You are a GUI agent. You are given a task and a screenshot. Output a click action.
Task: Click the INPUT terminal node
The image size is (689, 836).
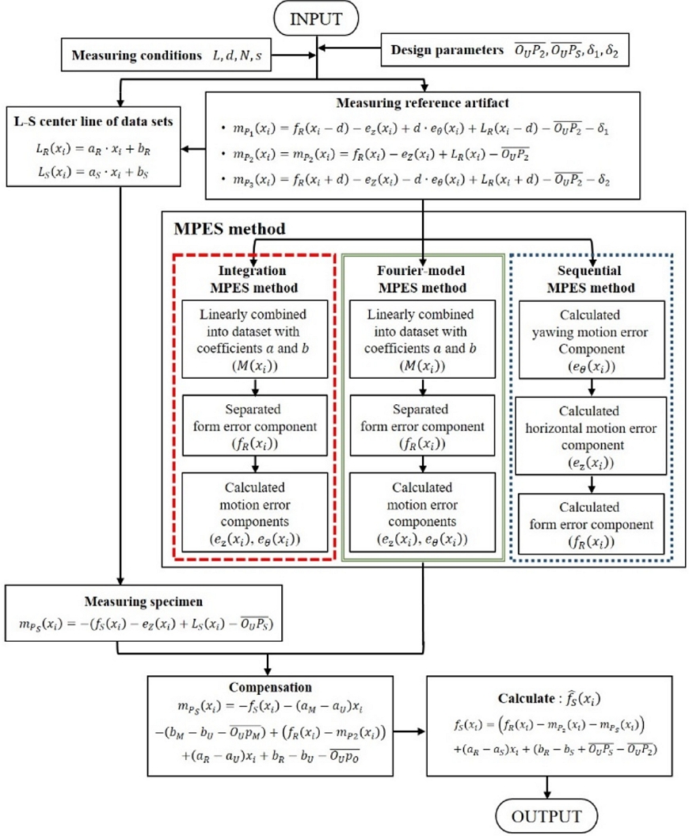(317, 17)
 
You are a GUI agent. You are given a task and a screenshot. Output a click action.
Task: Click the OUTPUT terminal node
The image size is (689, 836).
(546, 816)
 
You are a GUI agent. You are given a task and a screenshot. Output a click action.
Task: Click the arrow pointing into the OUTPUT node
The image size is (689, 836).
(546, 788)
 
